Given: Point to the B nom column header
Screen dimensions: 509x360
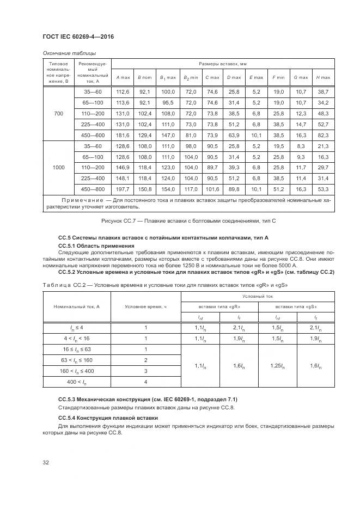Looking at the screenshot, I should (x=144, y=78).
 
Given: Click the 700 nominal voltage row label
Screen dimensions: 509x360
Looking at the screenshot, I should (x=58, y=114).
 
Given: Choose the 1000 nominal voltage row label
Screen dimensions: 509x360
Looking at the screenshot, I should (x=58, y=167).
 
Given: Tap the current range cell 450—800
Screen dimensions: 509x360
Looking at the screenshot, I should (x=93, y=189).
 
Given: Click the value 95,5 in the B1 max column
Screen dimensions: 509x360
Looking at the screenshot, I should (x=167, y=103).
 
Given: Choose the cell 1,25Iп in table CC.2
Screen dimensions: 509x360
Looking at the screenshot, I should (x=277, y=366).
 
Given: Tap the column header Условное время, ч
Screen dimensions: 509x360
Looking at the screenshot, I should (x=145, y=306).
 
